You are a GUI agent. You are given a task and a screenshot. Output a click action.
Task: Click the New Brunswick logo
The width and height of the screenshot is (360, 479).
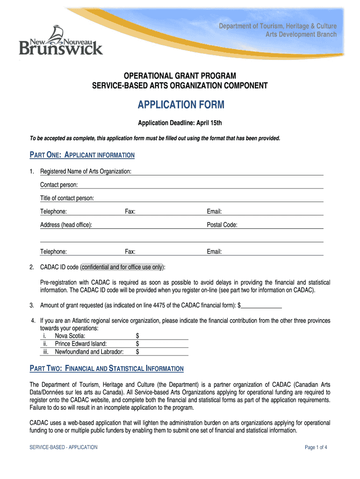(x=60, y=41)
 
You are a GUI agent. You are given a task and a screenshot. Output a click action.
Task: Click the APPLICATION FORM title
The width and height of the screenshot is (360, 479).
(x=180, y=105)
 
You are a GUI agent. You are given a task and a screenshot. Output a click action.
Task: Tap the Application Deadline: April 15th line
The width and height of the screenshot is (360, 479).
(x=180, y=123)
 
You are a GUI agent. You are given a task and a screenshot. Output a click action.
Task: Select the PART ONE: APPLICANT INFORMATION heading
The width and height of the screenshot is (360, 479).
(x=82, y=155)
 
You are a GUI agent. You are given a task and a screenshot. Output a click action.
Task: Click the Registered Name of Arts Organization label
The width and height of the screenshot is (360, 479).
(x=86, y=172)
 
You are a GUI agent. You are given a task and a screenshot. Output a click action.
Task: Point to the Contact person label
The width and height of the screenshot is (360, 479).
(x=59, y=185)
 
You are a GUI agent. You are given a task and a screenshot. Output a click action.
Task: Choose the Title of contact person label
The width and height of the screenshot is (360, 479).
(x=67, y=198)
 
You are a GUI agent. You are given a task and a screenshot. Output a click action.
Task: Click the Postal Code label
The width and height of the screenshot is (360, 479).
(x=222, y=225)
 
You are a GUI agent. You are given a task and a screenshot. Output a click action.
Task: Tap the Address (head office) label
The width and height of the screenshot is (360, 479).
(x=66, y=225)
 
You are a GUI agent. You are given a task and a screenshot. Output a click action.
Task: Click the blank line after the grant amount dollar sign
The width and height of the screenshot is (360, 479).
(x=261, y=305)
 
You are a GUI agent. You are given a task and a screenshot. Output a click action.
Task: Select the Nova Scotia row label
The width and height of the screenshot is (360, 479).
(x=70, y=335)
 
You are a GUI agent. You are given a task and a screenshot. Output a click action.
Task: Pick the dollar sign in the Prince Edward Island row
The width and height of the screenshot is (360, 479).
(x=137, y=344)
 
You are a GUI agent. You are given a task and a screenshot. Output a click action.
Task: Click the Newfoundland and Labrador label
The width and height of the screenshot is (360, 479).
(x=89, y=352)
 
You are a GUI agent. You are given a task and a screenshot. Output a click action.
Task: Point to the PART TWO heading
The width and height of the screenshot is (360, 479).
(x=107, y=369)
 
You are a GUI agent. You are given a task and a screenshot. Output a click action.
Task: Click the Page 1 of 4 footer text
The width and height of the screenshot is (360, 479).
(x=316, y=447)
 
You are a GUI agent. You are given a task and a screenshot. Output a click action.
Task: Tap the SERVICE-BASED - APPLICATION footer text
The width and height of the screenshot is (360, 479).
(x=64, y=447)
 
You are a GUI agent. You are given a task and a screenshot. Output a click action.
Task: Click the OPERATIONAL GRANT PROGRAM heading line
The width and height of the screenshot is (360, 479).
(x=180, y=76)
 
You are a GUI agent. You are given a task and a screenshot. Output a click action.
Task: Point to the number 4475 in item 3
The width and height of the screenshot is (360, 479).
(x=180, y=305)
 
